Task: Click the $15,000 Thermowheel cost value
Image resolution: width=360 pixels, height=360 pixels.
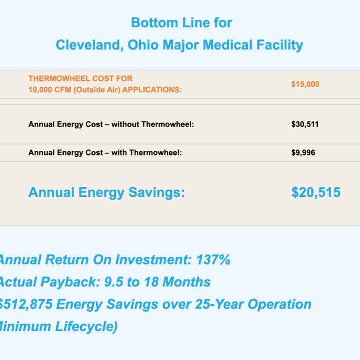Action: [305, 84]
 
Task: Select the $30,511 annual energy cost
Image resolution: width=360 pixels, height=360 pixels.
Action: [305, 125]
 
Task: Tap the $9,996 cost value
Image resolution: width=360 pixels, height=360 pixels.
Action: [303, 153]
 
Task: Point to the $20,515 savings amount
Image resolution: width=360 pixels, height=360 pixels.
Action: [316, 192]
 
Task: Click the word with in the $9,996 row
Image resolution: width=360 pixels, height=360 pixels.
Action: [119, 153]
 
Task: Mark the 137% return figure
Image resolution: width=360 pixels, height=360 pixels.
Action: [214, 260]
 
